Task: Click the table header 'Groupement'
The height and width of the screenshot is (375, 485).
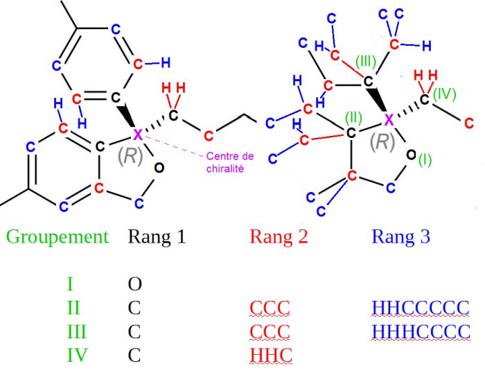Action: [x=58, y=237]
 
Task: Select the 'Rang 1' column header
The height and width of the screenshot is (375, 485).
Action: [x=157, y=237]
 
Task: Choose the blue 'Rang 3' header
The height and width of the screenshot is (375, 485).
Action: [x=400, y=237]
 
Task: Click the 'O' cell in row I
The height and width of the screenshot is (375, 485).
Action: [x=135, y=284]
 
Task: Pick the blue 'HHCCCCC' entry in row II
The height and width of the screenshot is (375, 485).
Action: [x=421, y=308]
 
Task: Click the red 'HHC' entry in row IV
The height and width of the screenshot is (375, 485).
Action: [x=270, y=356]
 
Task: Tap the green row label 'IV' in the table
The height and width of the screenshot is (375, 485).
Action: [x=77, y=356]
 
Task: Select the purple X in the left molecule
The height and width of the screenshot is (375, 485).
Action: [x=137, y=132]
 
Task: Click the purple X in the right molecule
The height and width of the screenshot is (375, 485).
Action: [x=389, y=119]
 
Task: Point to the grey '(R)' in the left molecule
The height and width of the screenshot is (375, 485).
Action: [x=130, y=156]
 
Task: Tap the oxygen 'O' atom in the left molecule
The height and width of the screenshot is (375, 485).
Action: [x=159, y=167]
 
